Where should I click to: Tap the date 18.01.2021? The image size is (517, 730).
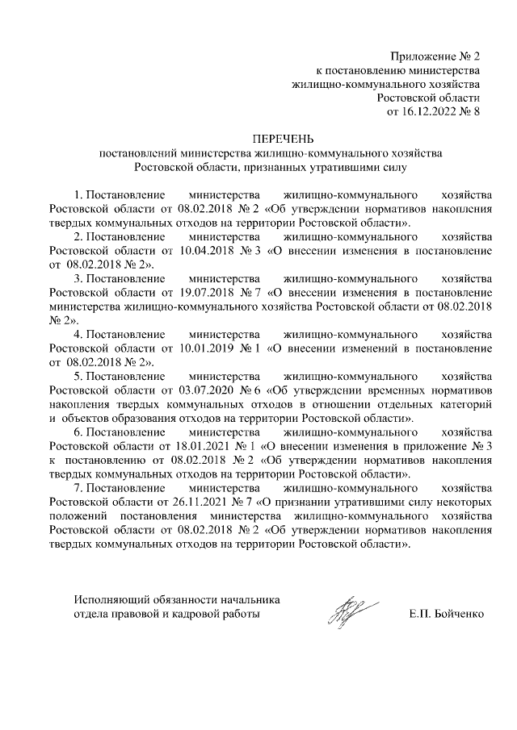192,444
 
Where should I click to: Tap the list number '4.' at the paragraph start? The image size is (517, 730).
78,333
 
